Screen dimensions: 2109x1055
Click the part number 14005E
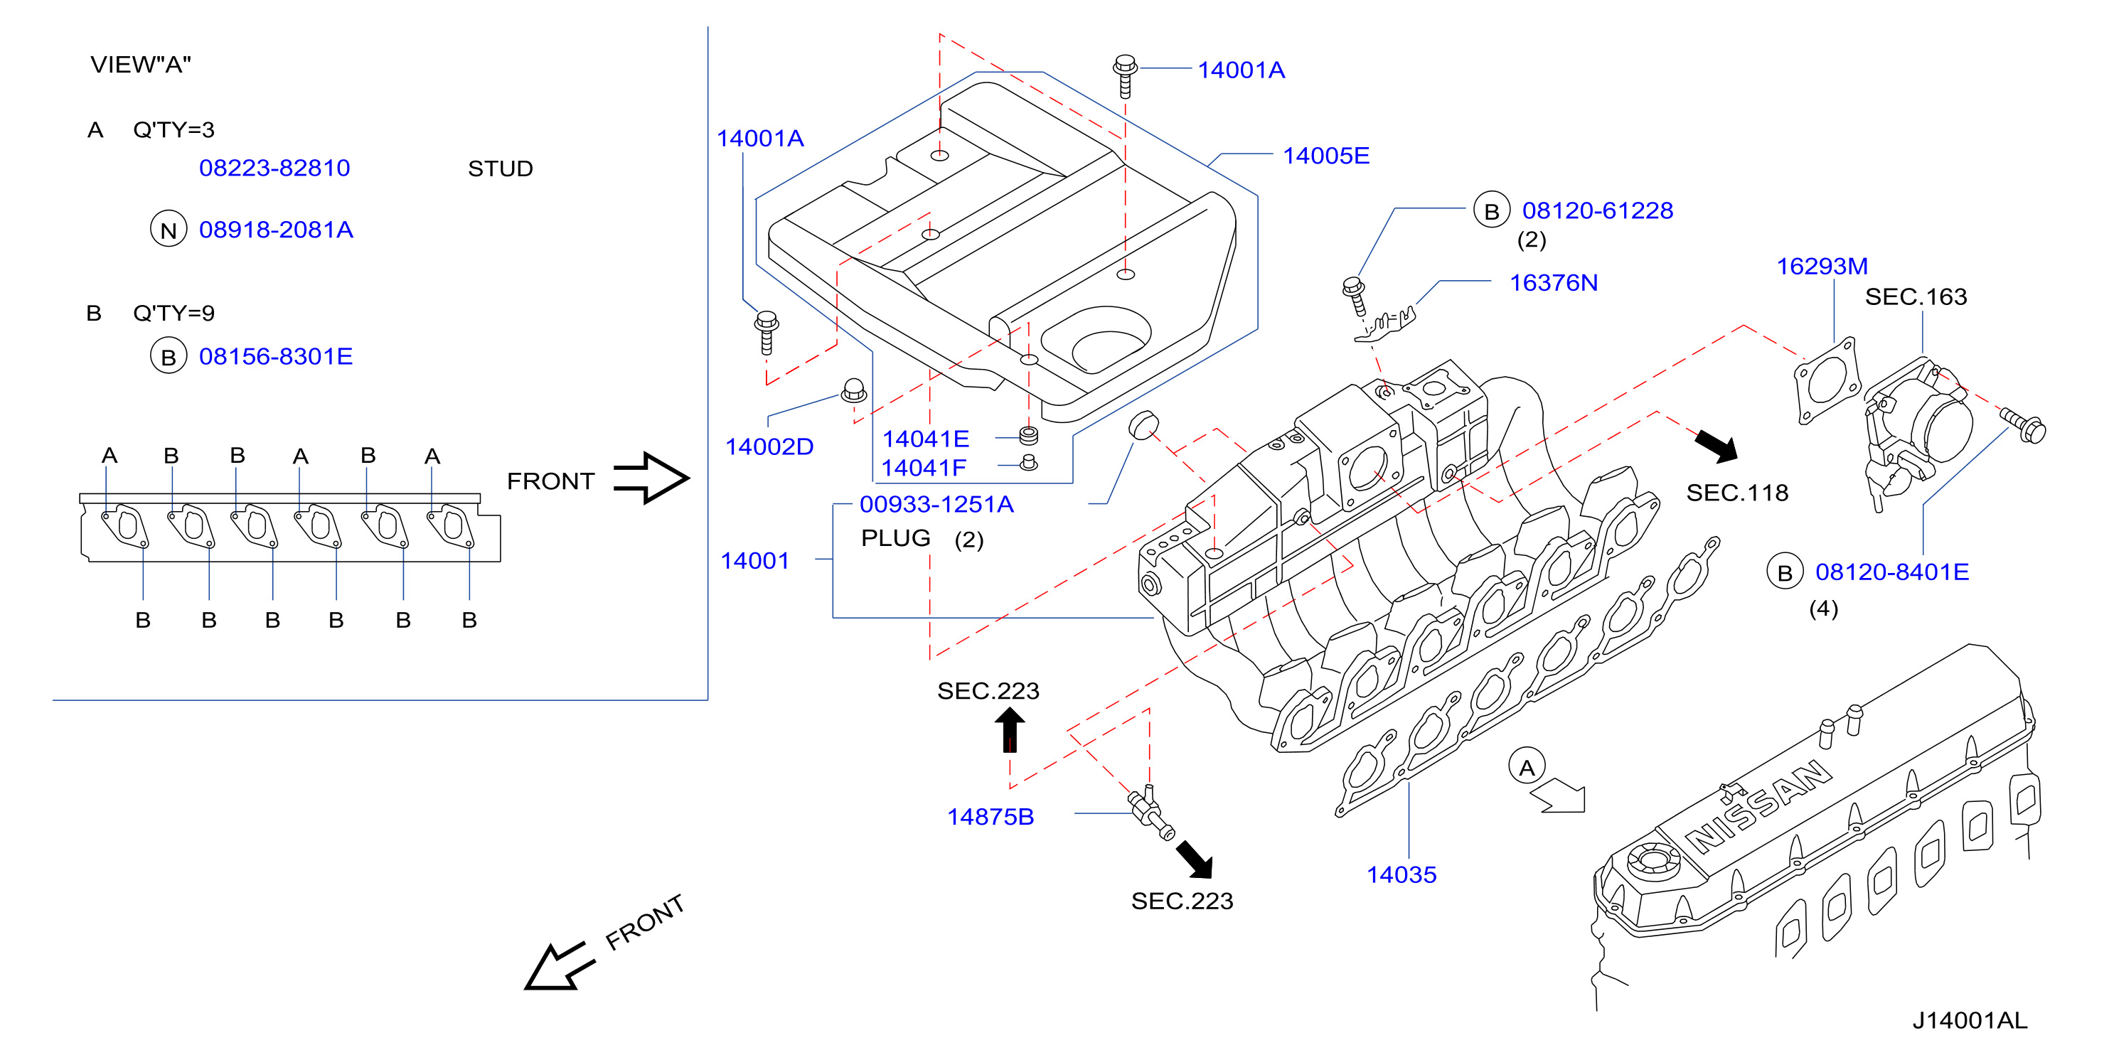(1325, 156)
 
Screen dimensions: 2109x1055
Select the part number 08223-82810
(274, 168)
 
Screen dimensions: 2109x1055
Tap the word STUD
(501, 168)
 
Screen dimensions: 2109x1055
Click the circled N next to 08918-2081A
(169, 230)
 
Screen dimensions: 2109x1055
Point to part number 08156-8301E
(276, 356)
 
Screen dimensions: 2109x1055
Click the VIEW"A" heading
(141, 64)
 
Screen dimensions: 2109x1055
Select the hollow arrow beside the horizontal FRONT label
(652, 478)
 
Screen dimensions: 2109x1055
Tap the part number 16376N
(1553, 282)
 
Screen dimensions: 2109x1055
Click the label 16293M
(1822, 266)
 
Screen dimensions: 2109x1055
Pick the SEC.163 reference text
(1916, 296)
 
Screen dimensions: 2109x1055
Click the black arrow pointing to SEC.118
(1716, 446)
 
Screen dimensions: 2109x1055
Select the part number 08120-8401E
(1892, 572)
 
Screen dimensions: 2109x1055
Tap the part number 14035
(1401, 874)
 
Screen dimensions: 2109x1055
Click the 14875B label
(991, 816)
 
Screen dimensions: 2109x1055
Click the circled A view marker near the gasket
(1527, 767)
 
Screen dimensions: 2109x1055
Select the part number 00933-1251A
(936, 504)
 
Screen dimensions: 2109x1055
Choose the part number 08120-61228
(1597, 210)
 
